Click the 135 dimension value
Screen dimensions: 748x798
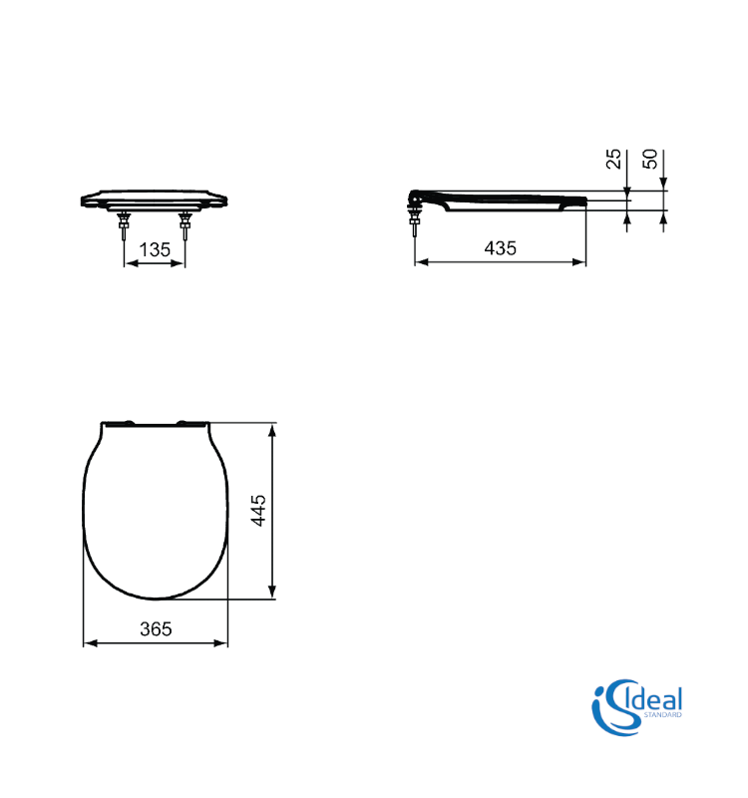coord(155,250)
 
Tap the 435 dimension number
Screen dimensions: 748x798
coord(501,248)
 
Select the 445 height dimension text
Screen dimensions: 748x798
coord(258,511)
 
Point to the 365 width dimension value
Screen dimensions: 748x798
coord(156,629)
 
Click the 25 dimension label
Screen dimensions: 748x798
coord(613,159)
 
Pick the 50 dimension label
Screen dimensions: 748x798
coord(650,159)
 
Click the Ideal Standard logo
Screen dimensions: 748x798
coord(636,707)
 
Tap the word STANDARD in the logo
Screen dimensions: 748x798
coord(662,715)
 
